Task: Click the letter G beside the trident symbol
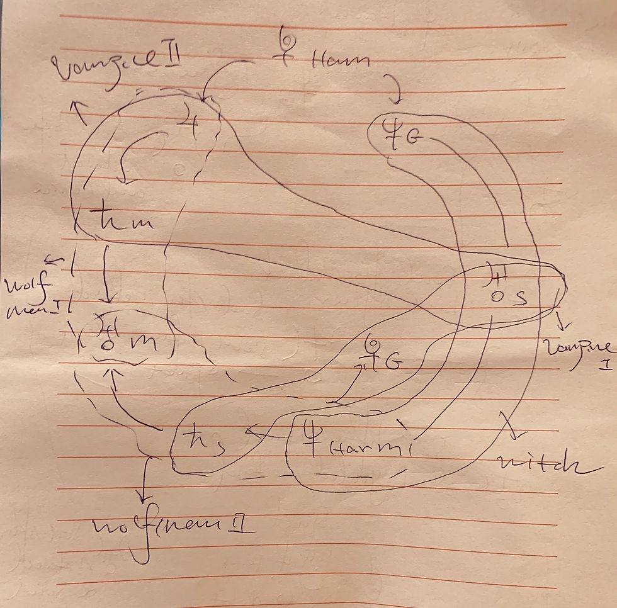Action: [x=412, y=138]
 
